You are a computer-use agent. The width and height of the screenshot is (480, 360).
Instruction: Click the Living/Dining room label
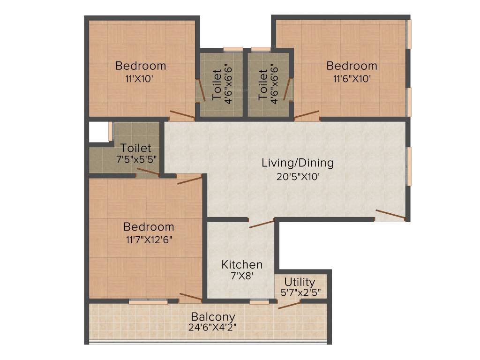[298, 163]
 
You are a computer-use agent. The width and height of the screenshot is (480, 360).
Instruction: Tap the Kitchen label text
[242, 264]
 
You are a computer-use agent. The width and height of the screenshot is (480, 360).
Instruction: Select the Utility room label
[300, 282]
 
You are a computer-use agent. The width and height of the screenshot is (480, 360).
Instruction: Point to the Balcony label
[213, 316]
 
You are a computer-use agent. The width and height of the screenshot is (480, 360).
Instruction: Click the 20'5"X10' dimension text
[298, 177]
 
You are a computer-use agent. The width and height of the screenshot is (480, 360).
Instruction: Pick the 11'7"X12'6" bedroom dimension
[149, 240]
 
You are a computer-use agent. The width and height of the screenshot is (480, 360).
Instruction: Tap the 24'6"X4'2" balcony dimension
[212, 327]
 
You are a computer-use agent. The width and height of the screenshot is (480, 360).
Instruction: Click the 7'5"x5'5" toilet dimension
[136, 159]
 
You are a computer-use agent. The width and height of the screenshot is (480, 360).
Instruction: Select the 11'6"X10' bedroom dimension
[352, 79]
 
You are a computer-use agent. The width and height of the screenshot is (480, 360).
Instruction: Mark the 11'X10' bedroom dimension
[139, 79]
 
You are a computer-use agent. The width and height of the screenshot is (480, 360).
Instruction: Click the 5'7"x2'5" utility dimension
[300, 292]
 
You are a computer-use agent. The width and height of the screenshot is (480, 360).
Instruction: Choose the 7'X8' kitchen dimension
[242, 276]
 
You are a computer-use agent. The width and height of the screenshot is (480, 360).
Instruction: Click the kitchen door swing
[262, 224]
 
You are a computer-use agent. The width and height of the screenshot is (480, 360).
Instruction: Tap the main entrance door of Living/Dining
[391, 215]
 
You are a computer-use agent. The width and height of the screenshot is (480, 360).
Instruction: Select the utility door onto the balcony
[289, 305]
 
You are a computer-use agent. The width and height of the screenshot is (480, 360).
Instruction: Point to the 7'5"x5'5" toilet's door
[148, 172]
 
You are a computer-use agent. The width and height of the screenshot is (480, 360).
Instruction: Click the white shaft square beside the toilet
[98, 132]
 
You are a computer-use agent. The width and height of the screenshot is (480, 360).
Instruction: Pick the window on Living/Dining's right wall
[408, 166]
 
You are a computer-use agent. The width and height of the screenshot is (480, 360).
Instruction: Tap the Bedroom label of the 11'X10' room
[141, 66]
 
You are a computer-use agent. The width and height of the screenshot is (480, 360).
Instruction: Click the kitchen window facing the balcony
[259, 302]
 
